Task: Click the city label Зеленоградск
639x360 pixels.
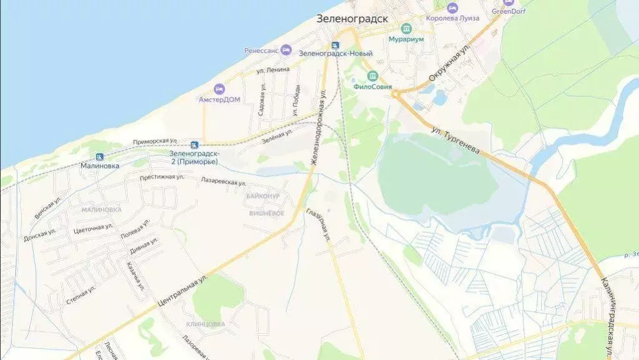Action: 352,19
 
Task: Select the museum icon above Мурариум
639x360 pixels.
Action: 406,29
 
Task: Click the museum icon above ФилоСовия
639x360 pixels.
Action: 373,77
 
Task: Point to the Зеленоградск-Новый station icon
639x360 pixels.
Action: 335,45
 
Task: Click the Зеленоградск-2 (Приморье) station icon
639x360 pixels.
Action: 195,145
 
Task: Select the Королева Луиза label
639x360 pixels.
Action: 452,18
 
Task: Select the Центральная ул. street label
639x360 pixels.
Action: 182,290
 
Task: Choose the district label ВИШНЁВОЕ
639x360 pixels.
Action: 266,213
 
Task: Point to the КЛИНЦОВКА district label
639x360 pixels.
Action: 205,324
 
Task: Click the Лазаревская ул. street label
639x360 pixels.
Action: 223,182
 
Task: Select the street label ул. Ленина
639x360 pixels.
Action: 273,70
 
